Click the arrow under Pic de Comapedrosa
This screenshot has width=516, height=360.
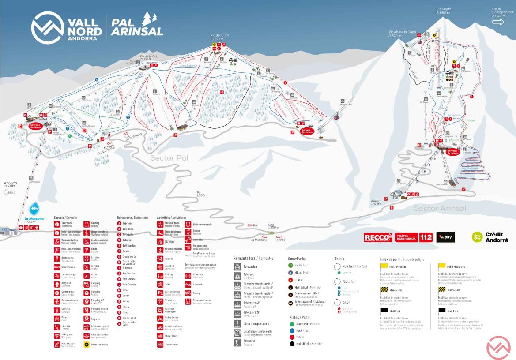coord(498,22)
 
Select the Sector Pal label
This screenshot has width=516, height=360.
coord(169,157)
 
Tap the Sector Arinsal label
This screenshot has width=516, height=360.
coord(440,208)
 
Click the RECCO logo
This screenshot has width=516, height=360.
coord(378,237)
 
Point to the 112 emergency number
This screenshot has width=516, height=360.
coord(426,237)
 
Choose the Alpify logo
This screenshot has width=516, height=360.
coord(445,237)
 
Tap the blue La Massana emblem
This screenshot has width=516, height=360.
coord(34,209)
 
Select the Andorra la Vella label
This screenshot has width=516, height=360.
coord(10,184)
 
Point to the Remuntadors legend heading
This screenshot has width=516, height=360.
coord(253,258)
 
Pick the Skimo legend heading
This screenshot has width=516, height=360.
coord(339,258)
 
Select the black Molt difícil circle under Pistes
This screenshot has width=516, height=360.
coord(292,343)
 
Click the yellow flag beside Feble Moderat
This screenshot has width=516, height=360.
coord(384,266)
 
